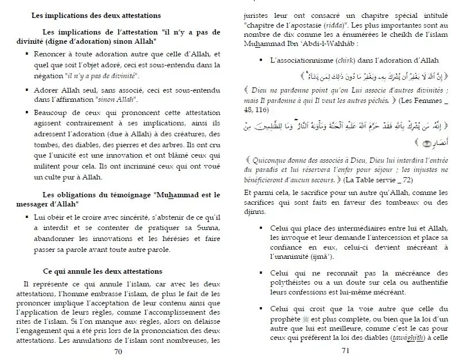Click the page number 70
(118, 351)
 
